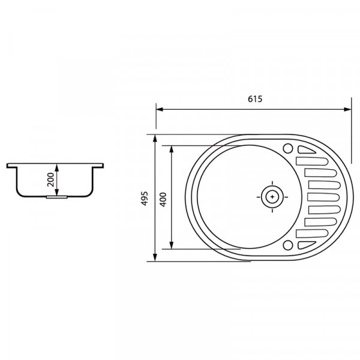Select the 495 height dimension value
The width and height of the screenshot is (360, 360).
pyautogui.click(x=145, y=199)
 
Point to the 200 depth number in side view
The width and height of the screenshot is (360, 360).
pyautogui.click(x=50, y=178)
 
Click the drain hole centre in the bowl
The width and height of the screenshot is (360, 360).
pyautogui.click(x=272, y=195)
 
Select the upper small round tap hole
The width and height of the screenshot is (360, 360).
pyautogui.click(x=288, y=148)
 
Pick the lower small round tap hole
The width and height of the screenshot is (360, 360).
pyautogui.click(x=288, y=244)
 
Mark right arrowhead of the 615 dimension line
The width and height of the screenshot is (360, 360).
pyautogui.click(x=349, y=109)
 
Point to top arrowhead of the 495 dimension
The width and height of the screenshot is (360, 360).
pyautogui.click(x=156, y=138)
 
